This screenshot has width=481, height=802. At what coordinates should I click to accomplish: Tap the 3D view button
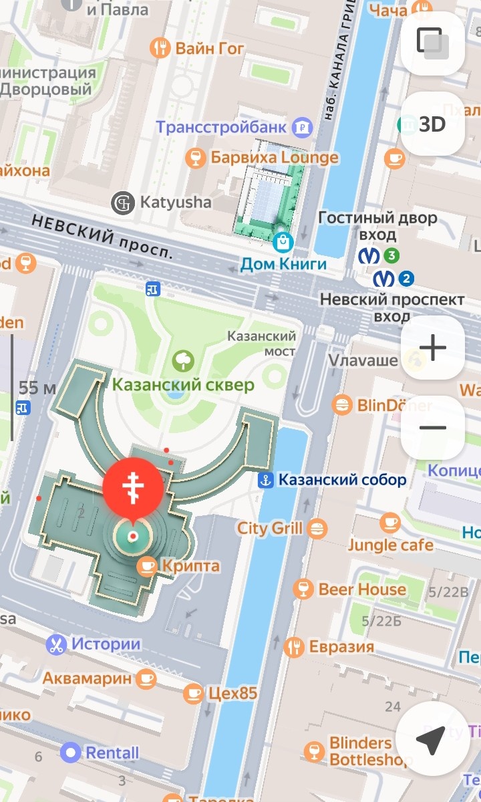coord(432,124)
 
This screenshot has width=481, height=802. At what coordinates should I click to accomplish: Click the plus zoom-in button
coord(432,348)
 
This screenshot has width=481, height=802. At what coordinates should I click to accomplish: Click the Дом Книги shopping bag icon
coord(283,240)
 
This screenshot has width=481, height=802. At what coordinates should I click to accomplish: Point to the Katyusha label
coord(175,202)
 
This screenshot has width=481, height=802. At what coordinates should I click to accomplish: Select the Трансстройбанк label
coord(221,126)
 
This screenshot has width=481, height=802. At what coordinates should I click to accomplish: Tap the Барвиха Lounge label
coord(275,158)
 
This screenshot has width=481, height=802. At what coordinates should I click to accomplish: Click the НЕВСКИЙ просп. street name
coord(101,236)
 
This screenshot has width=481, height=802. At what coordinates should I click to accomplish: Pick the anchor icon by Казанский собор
coord(266,480)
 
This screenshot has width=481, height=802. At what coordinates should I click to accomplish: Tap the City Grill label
coord(270,529)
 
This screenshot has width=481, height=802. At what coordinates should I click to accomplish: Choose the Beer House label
coord(362,589)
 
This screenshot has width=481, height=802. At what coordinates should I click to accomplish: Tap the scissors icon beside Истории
coord(56,645)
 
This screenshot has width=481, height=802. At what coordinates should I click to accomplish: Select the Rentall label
coord(112,753)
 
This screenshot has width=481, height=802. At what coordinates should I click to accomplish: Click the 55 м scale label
coord(37,387)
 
